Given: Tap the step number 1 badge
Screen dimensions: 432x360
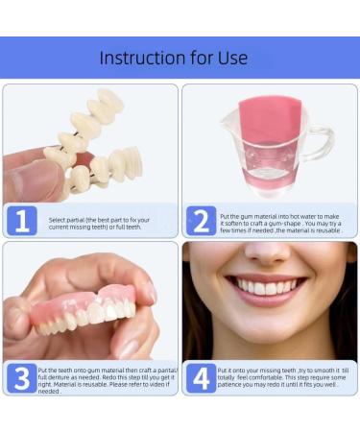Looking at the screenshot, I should click(x=23, y=221).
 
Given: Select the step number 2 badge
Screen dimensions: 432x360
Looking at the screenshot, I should click(x=201, y=221).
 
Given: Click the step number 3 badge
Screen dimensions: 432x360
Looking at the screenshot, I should click(x=23, y=377).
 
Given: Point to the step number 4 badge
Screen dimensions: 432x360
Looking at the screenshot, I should click(x=201, y=377).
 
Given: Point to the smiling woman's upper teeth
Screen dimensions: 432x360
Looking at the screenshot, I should click(x=270, y=286).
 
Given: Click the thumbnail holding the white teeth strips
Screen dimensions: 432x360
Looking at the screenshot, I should click(x=27, y=176).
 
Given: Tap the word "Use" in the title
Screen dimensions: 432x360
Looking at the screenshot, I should click(x=231, y=58).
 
